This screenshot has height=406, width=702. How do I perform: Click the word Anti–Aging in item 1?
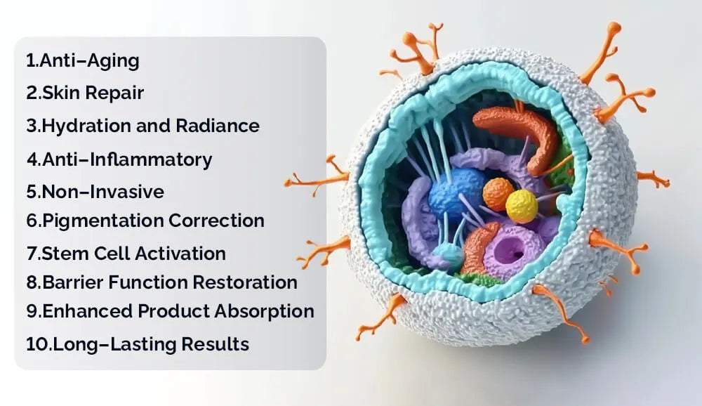[x=90, y=61]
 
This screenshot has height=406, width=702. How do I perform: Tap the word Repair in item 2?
[x=114, y=93]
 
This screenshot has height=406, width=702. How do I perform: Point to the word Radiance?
[x=218, y=126]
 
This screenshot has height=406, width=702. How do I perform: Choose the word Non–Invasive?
[x=102, y=192]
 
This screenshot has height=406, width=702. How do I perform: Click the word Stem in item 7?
[x=65, y=253]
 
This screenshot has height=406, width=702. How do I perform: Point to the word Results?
[x=216, y=344]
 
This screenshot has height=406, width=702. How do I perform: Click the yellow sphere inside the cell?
[x=522, y=206]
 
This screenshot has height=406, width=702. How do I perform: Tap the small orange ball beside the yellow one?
[x=498, y=194]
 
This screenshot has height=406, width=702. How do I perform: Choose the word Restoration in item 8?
[x=245, y=282]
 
